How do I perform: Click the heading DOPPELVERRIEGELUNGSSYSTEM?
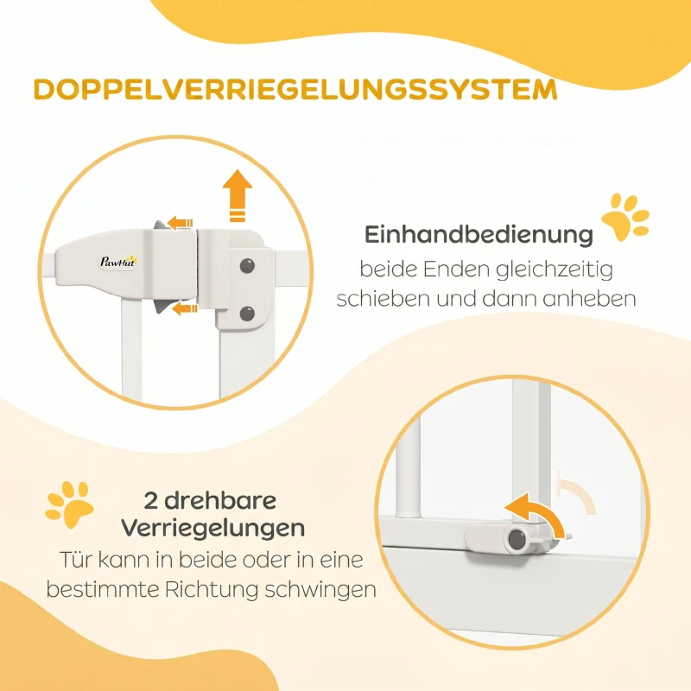(295, 90)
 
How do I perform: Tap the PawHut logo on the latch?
(117, 262)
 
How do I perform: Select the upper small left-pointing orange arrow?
(180, 223)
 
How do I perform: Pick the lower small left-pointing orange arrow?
(184, 308)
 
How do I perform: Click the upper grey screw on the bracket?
(247, 265)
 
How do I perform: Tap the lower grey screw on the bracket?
(247, 314)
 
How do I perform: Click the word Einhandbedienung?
(479, 235)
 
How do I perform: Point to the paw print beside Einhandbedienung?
(625, 217)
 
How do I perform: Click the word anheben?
(589, 299)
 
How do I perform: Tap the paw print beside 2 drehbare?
(70, 504)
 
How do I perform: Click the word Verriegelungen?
(213, 528)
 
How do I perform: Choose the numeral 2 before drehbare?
(150, 501)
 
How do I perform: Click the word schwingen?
(320, 590)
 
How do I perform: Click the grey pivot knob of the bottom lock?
(516, 539)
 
